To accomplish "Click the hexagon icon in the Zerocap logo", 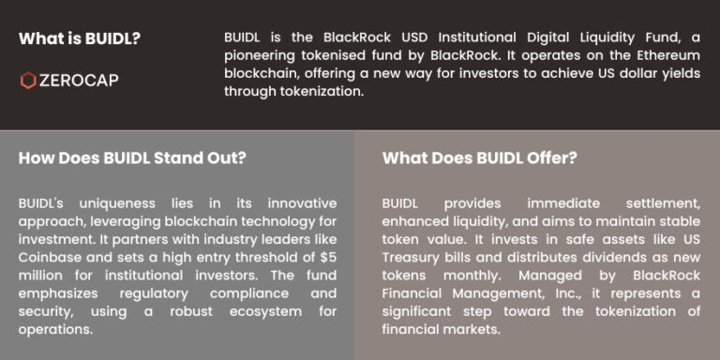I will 28,81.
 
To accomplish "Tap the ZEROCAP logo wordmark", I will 79,81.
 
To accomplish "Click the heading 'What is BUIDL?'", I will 79,39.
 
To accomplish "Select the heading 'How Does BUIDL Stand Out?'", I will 132,157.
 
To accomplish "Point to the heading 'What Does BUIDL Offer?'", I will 479,157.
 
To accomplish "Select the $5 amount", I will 327,257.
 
